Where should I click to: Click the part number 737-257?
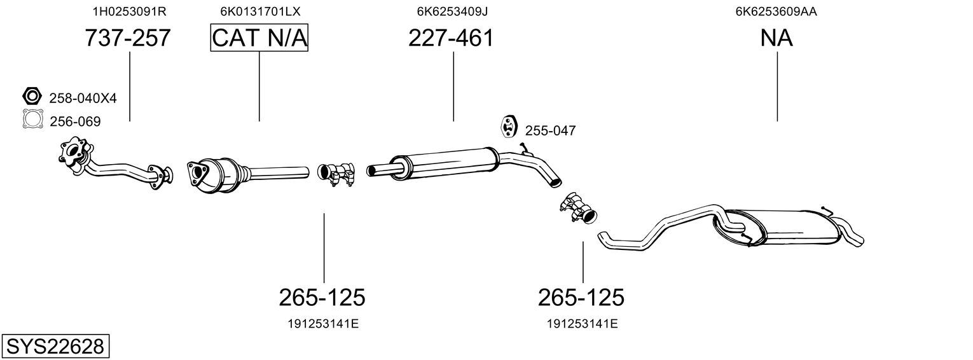click(x=128, y=38)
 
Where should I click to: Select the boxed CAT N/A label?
click(x=259, y=38)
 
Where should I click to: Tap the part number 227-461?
click(x=451, y=38)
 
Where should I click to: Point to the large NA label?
click(x=776, y=38)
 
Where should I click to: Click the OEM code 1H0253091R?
click(x=130, y=11)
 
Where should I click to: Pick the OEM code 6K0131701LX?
click(x=260, y=11)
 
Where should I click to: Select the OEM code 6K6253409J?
click(x=452, y=11)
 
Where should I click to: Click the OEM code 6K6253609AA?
click(x=776, y=11)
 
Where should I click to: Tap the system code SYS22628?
click(x=55, y=347)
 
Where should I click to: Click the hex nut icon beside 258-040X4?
click(x=32, y=96)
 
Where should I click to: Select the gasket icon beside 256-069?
click(x=33, y=119)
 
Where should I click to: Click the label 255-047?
click(x=550, y=130)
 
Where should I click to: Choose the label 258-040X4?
click(x=83, y=98)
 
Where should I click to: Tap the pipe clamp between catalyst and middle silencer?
click(x=336, y=174)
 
